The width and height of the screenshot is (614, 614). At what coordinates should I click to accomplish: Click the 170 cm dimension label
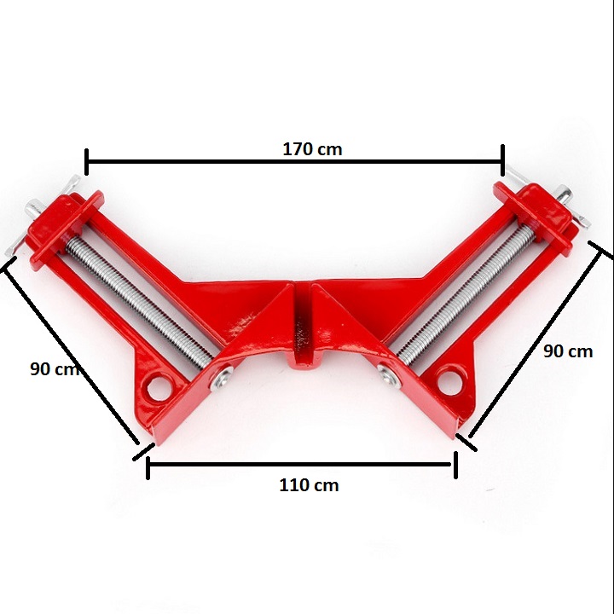(x=312, y=149)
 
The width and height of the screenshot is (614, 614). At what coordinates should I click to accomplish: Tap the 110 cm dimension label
(x=309, y=485)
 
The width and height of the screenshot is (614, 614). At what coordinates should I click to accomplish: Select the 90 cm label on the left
(x=55, y=369)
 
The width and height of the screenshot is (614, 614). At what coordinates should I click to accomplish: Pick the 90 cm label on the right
(x=568, y=351)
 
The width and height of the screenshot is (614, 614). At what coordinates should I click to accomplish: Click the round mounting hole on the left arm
(x=159, y=388)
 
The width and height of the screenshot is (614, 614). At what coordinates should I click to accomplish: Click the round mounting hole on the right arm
(x=449, y=380)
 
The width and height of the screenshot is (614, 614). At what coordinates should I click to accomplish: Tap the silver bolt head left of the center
(x=222, y=379)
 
